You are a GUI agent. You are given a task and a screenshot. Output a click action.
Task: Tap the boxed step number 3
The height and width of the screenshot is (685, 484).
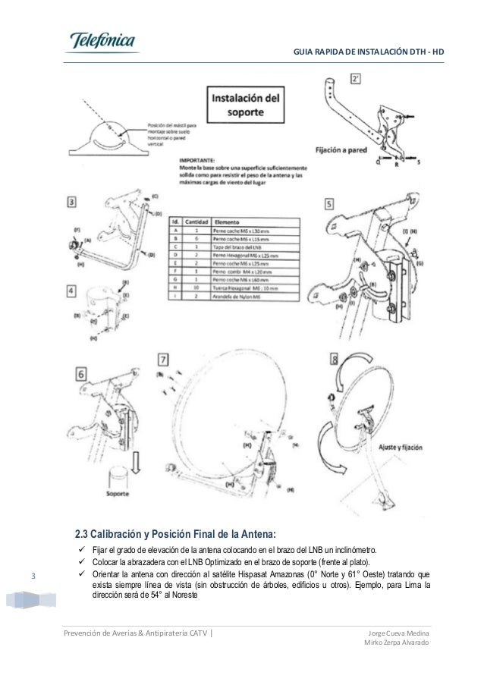click(71, 203)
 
